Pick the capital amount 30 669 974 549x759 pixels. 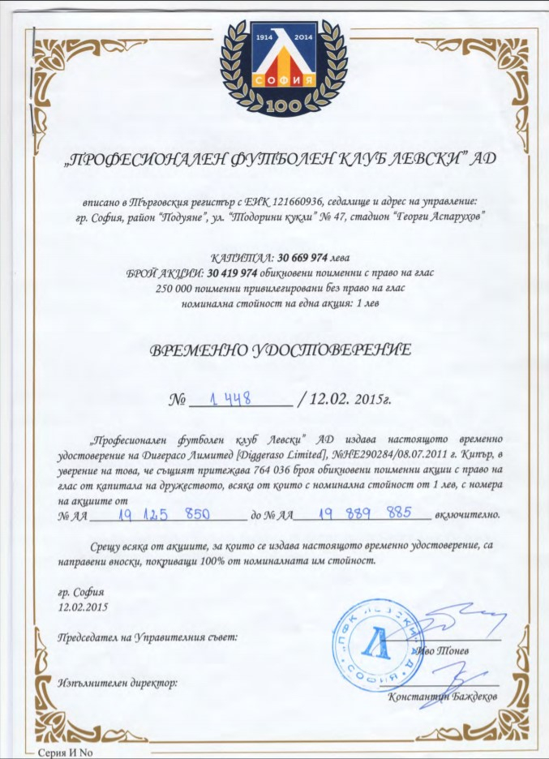click(305, 257)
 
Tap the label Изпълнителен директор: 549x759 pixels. click(118, 683)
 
